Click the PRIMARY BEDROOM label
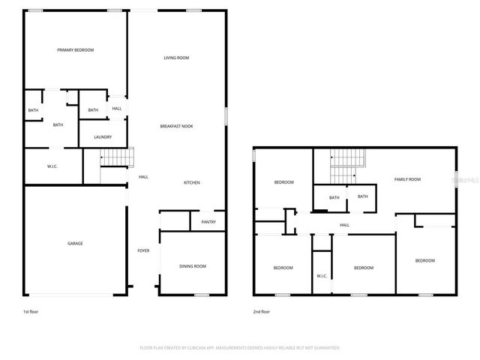[x=76, y=50]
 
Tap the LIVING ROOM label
[x=176, y=58]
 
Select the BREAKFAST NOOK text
[x=176, y=126]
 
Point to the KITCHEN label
[x=192, y=183]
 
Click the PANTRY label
[x=208, y=222]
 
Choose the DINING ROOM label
[x=193, y=266]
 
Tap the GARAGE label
[x=76, y=244]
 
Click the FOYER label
[x=142, y=250]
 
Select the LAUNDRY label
[x=103, y=137]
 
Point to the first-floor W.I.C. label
[x=53, y=166]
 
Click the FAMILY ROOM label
[x=409, y=179]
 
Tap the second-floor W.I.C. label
[x=321, y=276]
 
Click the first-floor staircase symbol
[x=117, y=157]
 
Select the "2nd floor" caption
[x=261, y=311]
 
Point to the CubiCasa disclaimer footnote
[x=240, y=348]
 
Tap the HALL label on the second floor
[x=344, y=225]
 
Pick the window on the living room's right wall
[x=226, y=116]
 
